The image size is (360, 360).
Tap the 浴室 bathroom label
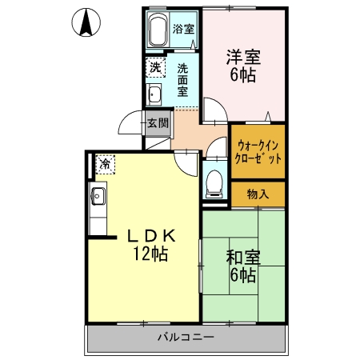[184, 30]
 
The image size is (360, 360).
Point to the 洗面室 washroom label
[184, 80]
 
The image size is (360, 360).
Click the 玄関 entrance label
[158, 123]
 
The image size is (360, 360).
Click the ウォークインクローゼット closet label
[258, 151]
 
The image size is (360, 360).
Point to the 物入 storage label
[258, 194]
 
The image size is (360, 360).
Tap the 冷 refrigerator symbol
[105, 165]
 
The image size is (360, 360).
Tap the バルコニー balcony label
[186, 338]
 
